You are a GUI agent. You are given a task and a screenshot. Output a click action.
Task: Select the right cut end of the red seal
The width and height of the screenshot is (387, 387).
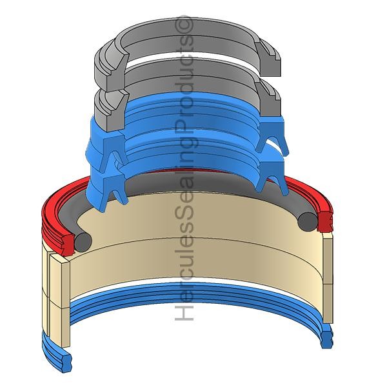(x=325, y=220)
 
